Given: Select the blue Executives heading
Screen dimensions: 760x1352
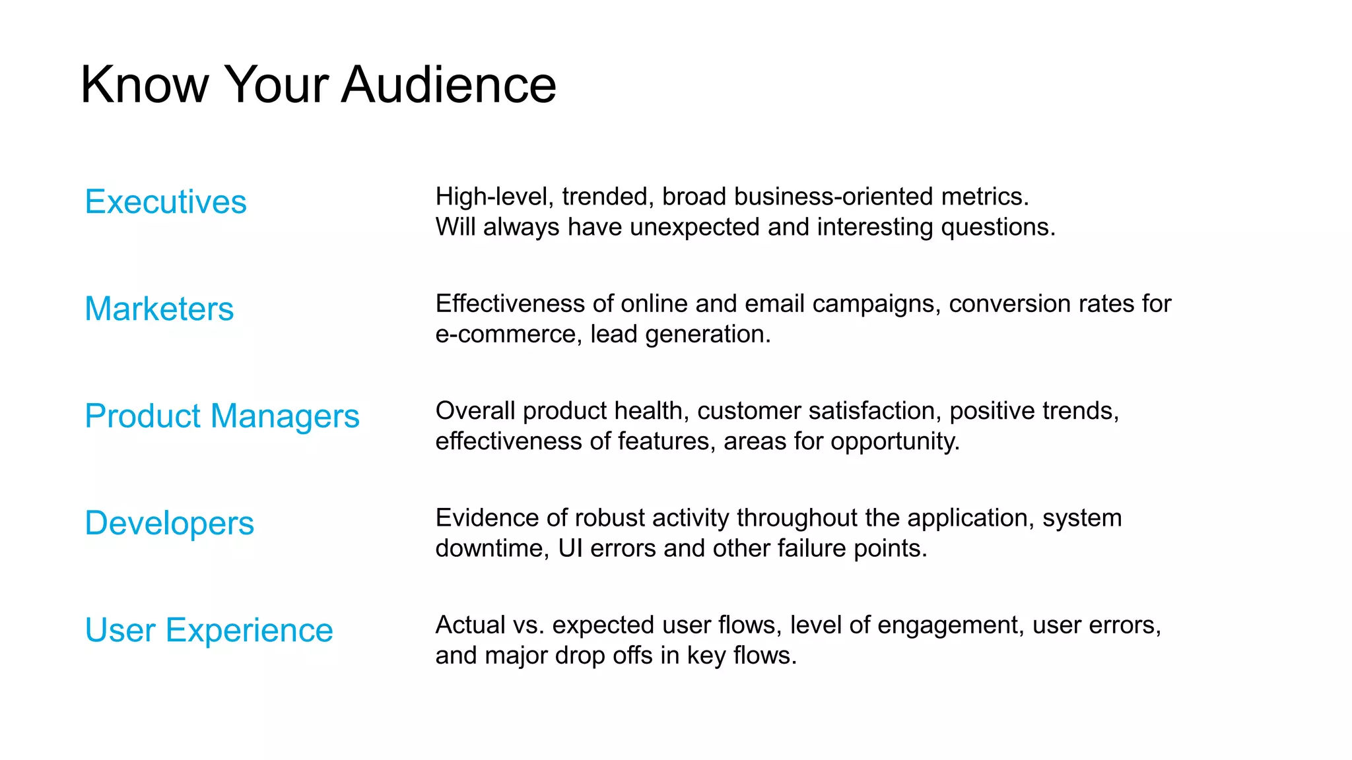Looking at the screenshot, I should coord(166,202).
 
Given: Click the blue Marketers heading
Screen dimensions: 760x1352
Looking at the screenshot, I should coord(159,309).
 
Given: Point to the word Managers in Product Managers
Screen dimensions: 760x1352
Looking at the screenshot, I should coord(285,416).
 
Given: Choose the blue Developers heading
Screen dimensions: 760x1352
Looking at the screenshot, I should coord(169,523).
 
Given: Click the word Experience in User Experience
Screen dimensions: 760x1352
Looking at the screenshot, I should coord(250,630).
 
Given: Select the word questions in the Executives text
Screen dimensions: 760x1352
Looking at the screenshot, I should coord(997,227).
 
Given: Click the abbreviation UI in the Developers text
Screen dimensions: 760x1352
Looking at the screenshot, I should coord(570,548).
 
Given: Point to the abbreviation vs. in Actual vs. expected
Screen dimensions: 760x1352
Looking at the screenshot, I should coord(528,625).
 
